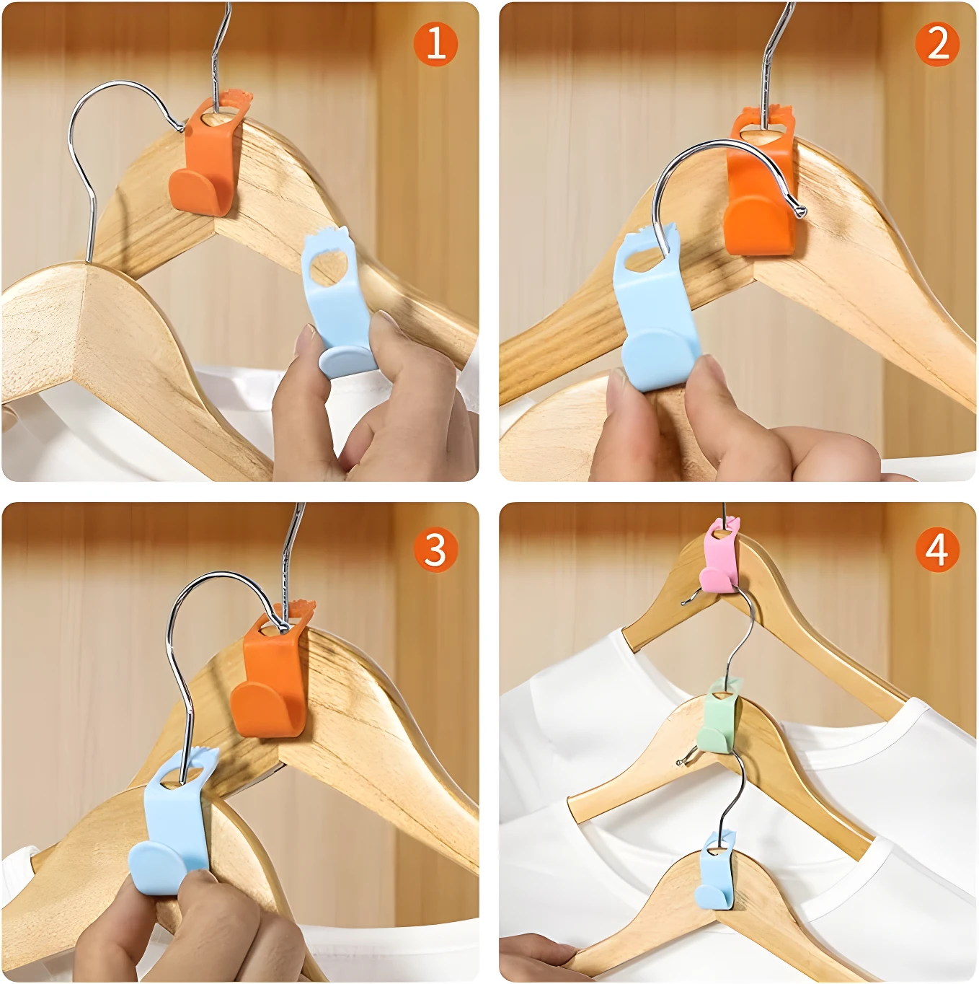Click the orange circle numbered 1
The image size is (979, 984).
435,43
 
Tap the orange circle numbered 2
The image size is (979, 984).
937,43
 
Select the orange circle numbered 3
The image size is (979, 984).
435,550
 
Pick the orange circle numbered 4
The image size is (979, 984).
937,550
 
